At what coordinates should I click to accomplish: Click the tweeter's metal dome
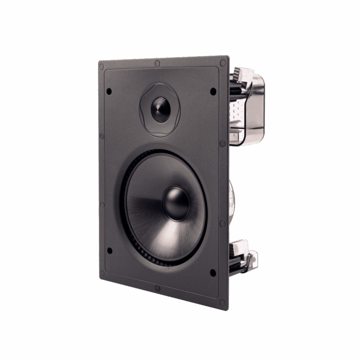(x=160, y=109)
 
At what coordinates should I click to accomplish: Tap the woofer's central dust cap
(x=176, y=203)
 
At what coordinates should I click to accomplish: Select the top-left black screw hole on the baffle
(x=109, y=91)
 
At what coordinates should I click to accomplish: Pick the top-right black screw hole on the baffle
(x=213, y=91)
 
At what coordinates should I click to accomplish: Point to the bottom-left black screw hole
(x=109, y=251)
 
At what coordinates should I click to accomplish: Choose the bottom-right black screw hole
(x=212, y=272)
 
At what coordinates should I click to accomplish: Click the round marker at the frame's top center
(x=157, y=63)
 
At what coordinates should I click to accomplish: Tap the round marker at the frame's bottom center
(x=157, y=288)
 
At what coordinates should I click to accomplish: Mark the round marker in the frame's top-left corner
(x=101, y=67)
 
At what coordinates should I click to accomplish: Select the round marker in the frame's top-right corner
(x=222, y=63)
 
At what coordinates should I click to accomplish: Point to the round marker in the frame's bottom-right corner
(x=222, y=302)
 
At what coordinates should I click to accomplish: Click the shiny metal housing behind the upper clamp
(x=256, y=108)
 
